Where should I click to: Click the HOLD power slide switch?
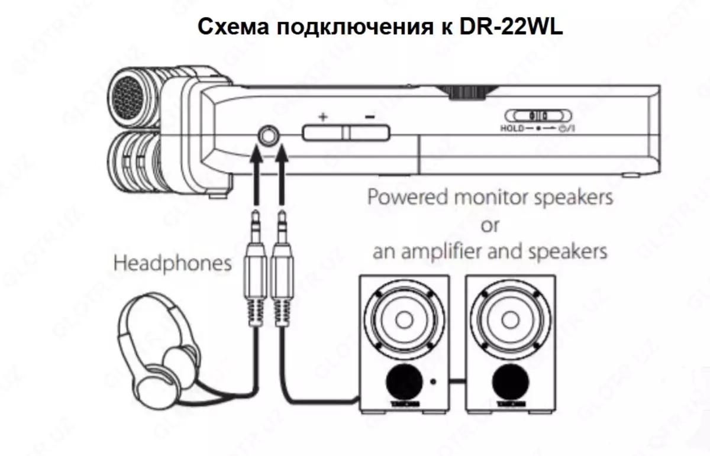pyautogui.click(x=538, y=116)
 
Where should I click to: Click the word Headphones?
pyautogui.click(x=172, y=263)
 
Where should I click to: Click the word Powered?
pyautogui.click(x=408, y=197)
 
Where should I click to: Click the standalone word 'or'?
pyautogui.click(x=490, y=225)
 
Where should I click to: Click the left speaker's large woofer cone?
pyautogui.click(x=403, y=320)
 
